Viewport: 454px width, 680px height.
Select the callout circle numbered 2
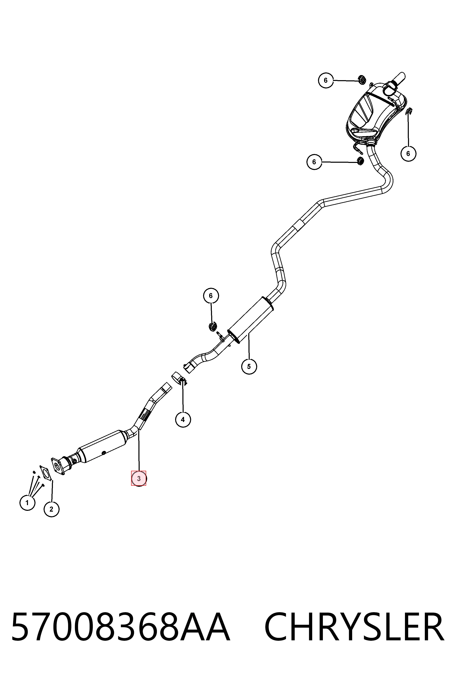51,509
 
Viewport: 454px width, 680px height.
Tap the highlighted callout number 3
139,478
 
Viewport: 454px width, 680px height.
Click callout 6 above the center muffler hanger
211,296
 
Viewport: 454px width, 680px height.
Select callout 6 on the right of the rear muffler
408,154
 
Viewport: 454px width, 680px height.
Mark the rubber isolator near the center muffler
213,326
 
